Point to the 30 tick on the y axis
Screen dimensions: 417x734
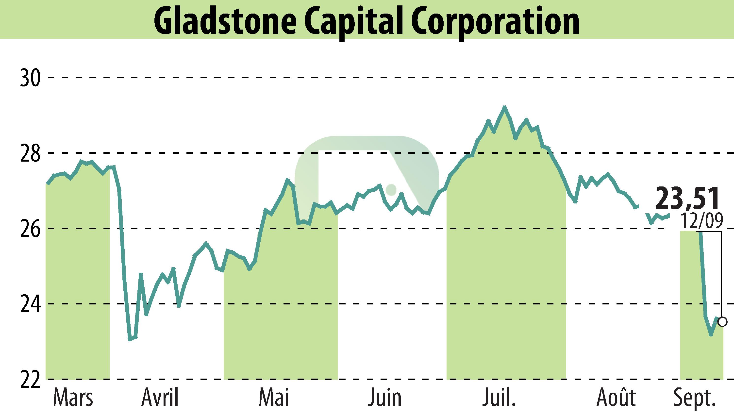coord(30,78)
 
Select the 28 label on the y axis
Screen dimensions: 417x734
coord(30,153)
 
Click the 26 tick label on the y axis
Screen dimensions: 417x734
coord(30,229)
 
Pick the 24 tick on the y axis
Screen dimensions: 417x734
coord(30,304)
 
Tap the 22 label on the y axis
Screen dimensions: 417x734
coord(30,379)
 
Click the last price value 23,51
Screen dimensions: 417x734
coord(687,198)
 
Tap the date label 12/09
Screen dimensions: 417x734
coord(702,221)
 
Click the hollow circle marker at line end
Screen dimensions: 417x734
coord(722,322)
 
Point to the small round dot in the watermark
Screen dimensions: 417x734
coord(391,189)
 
